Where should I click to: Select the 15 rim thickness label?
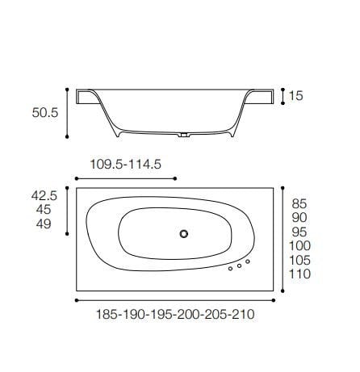click(x=296, y=97)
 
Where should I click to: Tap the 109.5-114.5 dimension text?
click(x=126, y=164)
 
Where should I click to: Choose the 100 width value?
click(x=300, y=246)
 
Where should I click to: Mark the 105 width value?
click(x=300, y=260)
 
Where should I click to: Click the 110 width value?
click(x=300, y=274)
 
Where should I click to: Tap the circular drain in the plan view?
click(x=184, y=234)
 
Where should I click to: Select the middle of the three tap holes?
click(x=239, y=265)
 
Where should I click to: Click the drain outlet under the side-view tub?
click(x=185, y=135)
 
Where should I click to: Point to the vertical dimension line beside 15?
click(x=283, y=96)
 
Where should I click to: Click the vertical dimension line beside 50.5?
click(x=68, y=114)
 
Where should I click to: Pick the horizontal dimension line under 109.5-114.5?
click(x=124, y=178)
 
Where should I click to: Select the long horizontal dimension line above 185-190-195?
click(x=174, y=299)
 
